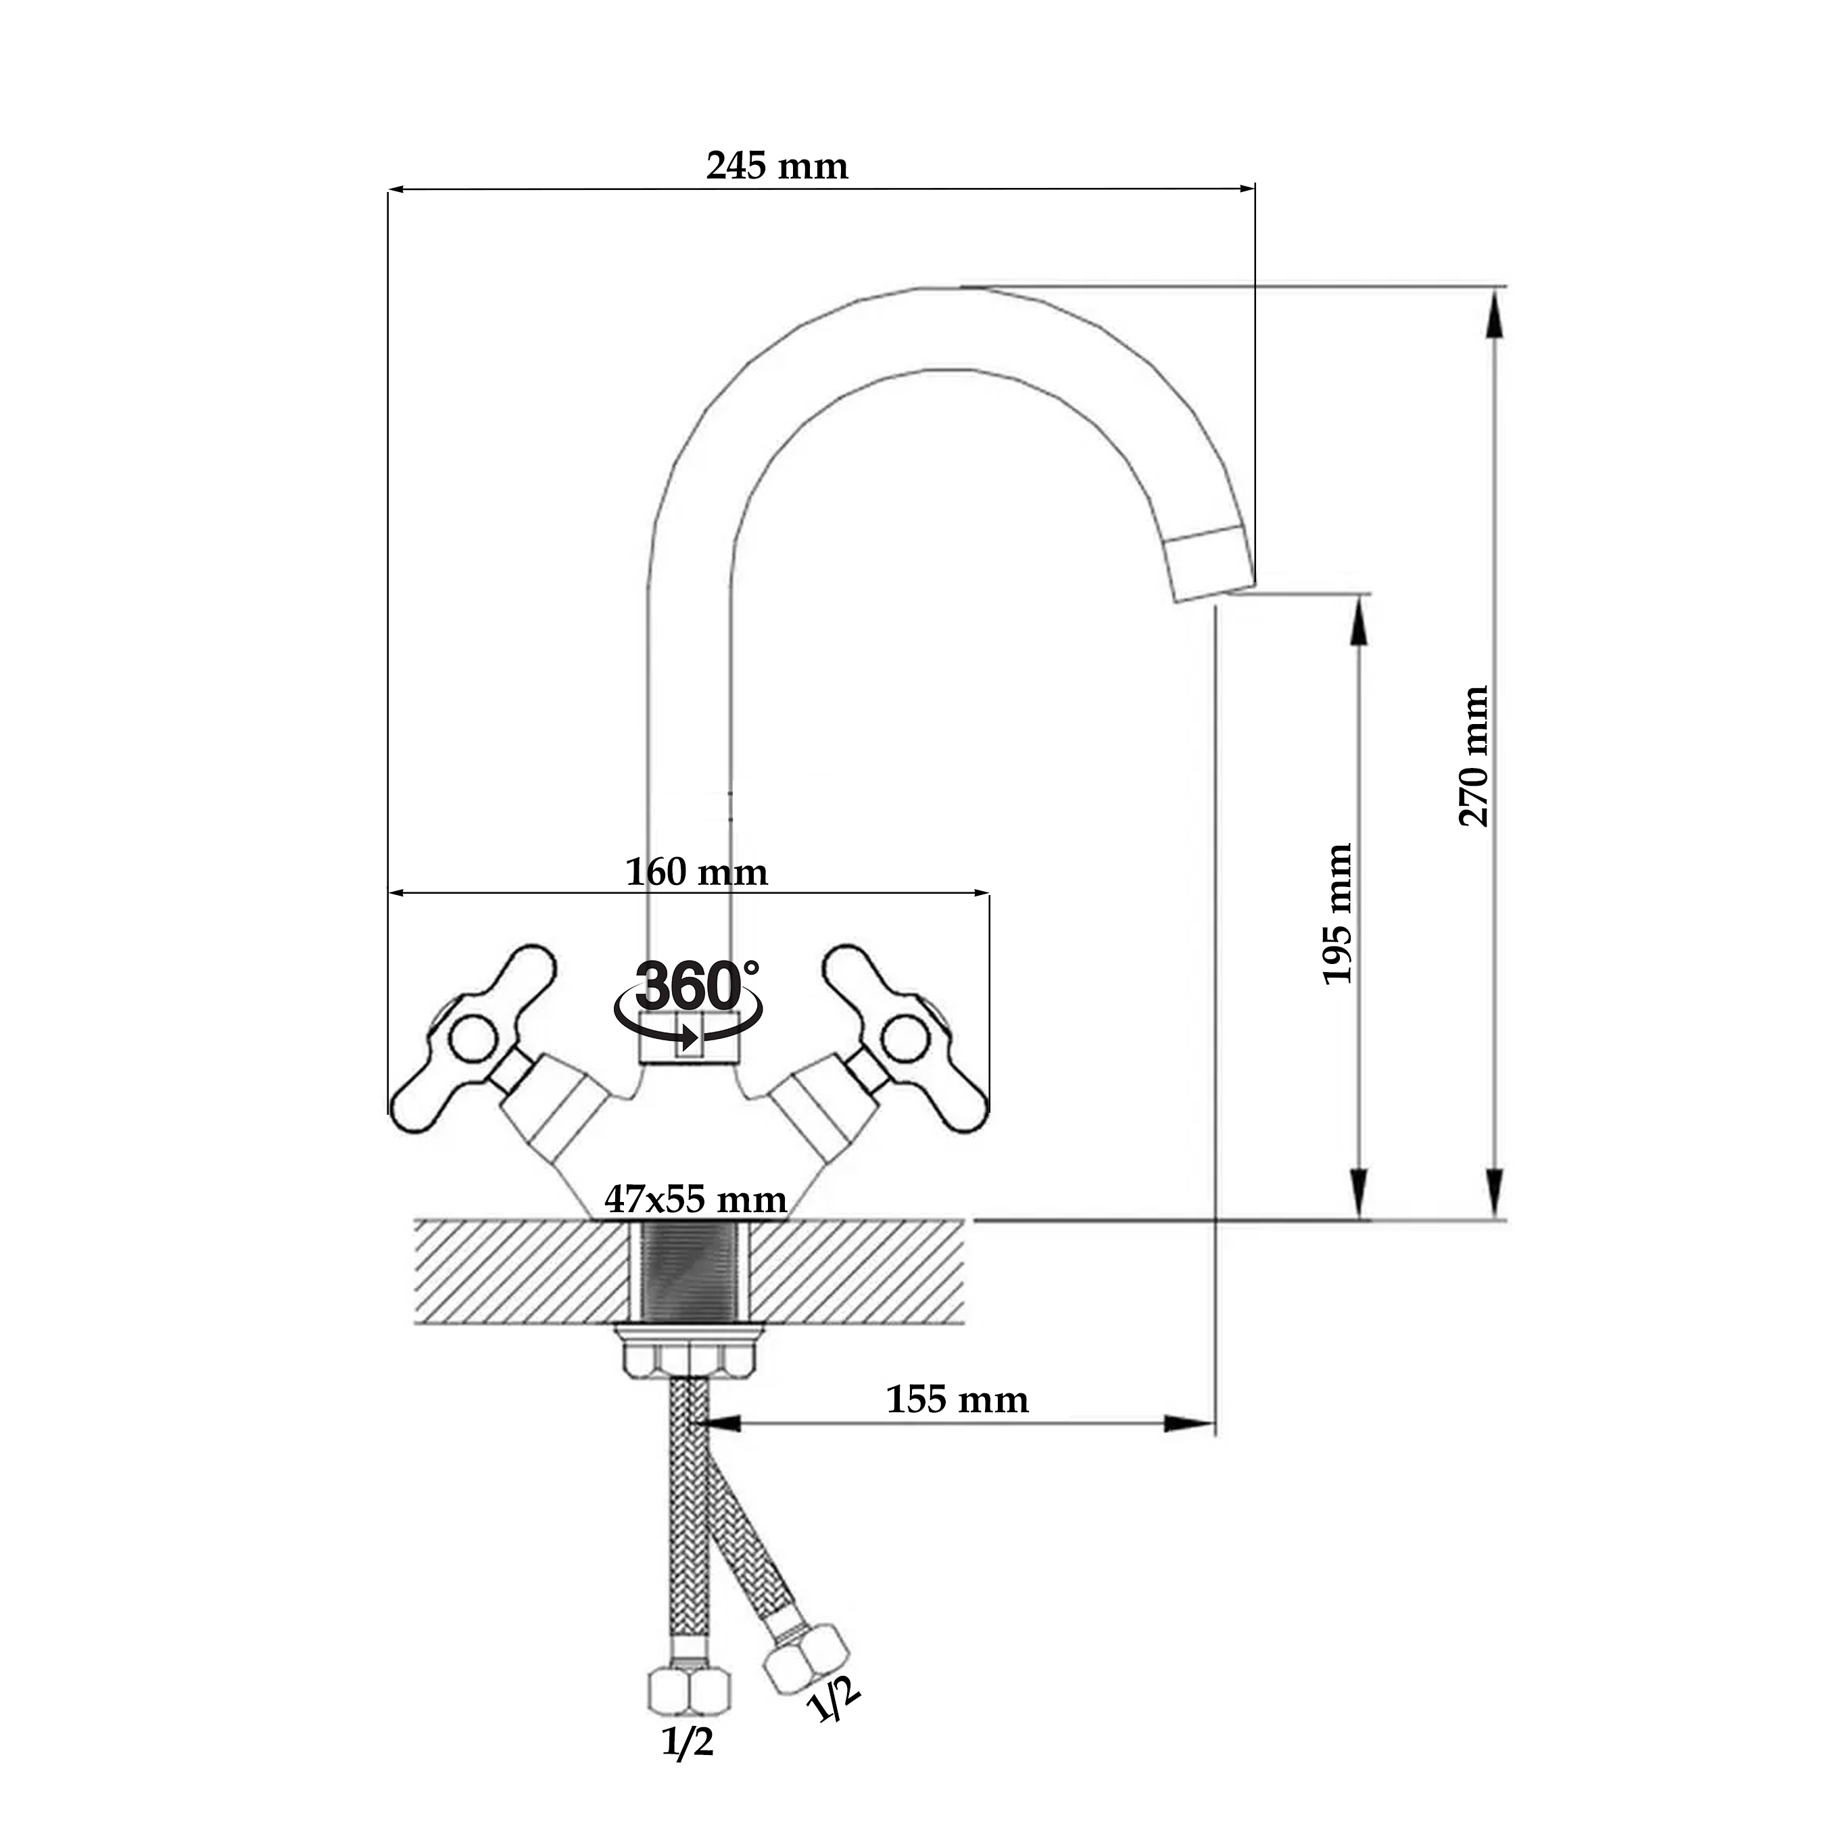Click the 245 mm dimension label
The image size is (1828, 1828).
777,166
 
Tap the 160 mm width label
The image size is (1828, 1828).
696,871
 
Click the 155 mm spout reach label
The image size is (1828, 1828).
957,1399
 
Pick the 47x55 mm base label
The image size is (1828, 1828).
696,1200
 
